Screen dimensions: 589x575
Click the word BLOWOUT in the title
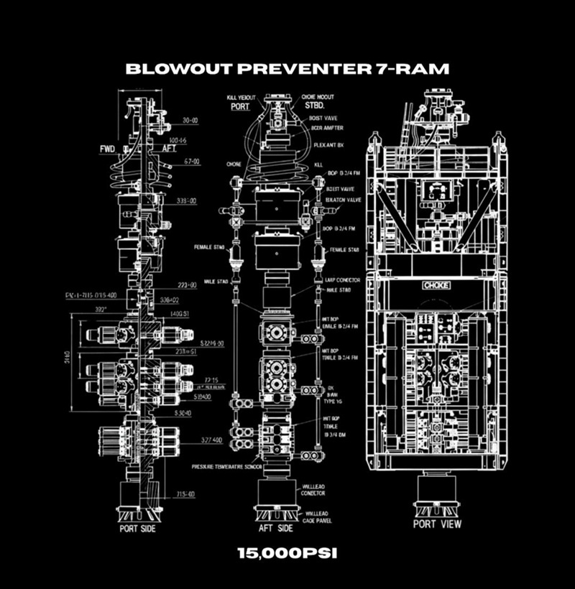[167, 69]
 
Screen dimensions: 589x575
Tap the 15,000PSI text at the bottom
[287, 554]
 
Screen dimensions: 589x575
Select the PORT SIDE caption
[137, 529]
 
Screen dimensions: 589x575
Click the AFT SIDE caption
[275, 529]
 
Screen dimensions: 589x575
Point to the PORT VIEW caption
[437, 524]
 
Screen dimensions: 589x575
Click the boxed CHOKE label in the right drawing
[436, 285]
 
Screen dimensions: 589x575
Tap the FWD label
[109, 149]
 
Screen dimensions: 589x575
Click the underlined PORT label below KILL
[240, 106]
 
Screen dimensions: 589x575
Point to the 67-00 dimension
[190, 163]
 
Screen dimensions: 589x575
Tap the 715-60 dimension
[186, 493]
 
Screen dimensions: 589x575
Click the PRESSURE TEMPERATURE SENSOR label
[226, 466]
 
